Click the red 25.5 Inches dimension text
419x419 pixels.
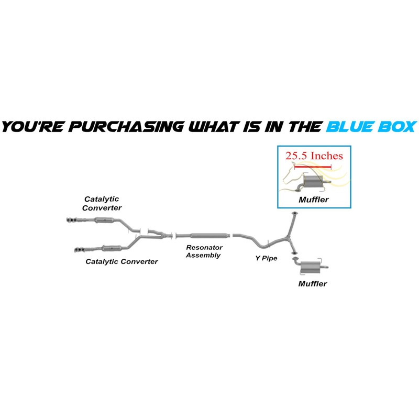(314, 156)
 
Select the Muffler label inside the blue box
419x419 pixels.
(313, 200)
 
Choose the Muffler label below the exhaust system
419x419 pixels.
(312, 284)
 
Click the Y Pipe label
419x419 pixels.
(266, 258)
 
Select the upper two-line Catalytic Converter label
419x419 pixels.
(103, 203)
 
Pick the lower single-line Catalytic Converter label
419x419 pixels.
(122, 261)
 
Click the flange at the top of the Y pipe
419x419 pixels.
(294, 214)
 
